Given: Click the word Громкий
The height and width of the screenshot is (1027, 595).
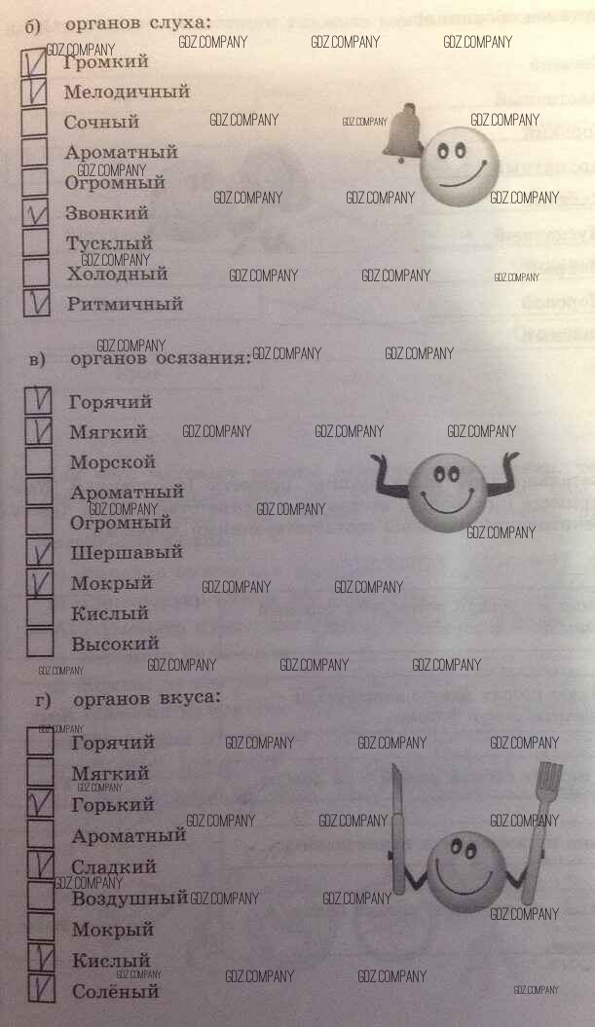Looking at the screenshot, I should pos(106,61).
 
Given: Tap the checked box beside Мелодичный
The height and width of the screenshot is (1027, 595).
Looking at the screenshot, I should pos(35,92).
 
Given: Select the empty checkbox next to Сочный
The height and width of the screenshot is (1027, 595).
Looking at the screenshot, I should pos(35,123).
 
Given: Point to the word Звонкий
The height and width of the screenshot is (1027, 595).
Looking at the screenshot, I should pos(106,213).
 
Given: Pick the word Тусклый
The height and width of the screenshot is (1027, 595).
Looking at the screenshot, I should pos(109,243).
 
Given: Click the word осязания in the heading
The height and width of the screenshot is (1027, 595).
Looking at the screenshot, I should pos(204,358).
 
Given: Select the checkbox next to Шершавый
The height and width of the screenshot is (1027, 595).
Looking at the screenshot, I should pos(40,553).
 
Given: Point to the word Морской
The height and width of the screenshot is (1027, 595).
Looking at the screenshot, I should pos(113,462).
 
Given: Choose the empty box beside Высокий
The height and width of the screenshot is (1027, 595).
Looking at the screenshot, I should pos(40,642).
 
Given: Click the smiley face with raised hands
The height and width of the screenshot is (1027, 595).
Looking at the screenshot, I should pos(443,487).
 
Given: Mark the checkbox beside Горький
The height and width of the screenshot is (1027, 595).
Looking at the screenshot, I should pos(40,805).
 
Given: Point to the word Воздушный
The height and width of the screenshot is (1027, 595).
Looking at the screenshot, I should pos(129,898).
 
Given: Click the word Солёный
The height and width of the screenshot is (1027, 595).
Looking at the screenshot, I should pos(115,992).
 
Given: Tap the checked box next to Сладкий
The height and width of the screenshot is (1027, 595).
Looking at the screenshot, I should pos(40,865).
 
